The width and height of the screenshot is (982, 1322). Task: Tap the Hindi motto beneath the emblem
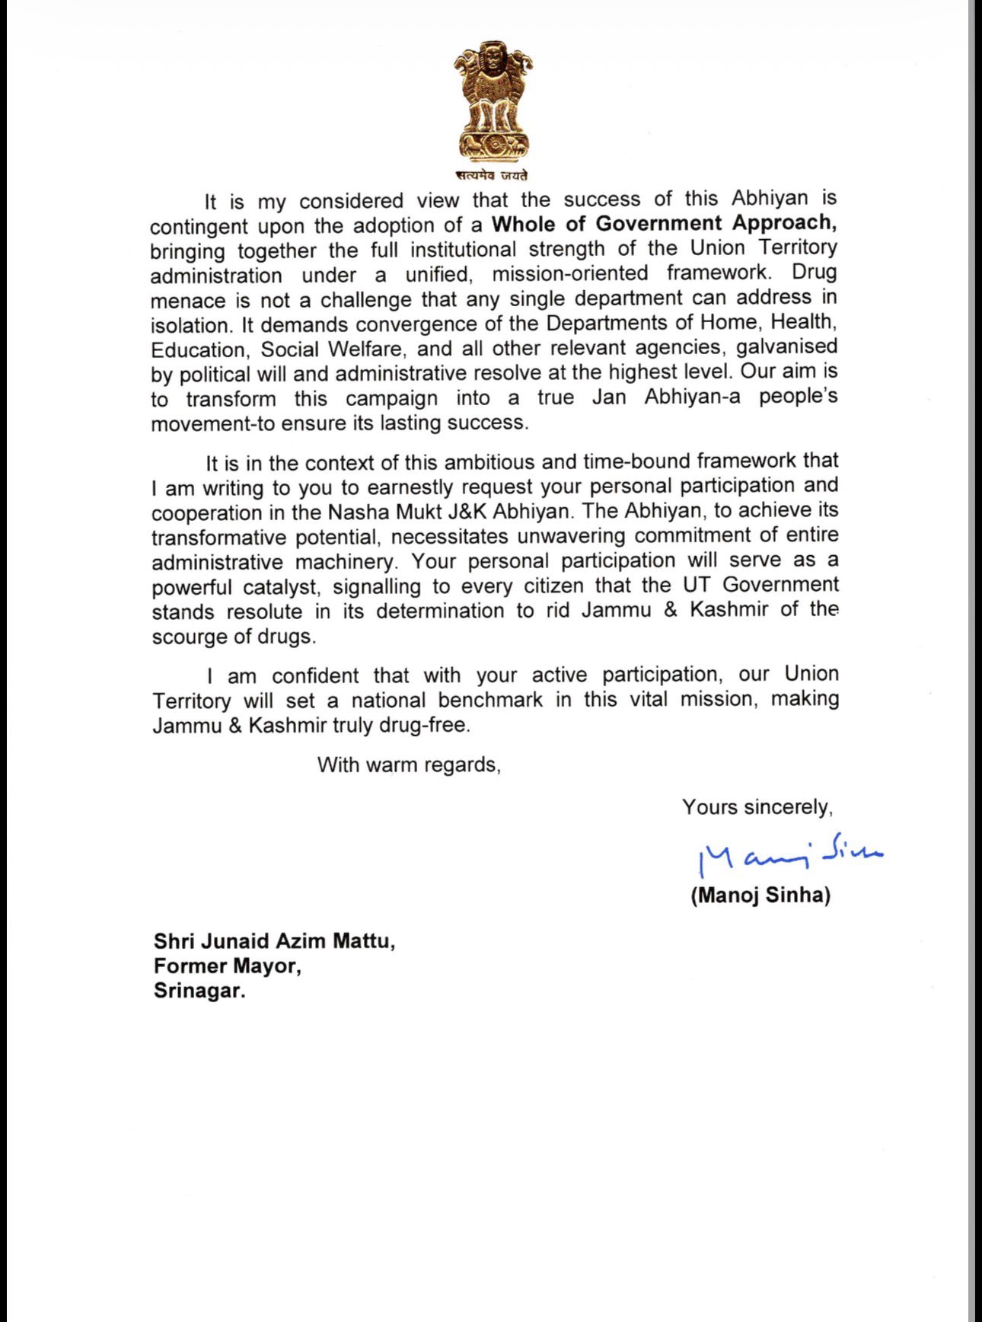click(x=493, y=175)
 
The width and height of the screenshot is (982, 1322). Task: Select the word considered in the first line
click(x=351, y=201)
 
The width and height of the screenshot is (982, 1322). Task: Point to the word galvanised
click(x=786, y=346)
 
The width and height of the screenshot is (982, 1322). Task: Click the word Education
click(x=197, y=350)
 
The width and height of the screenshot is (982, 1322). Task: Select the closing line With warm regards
click(x=409, y=765)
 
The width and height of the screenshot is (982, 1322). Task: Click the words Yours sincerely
click(x=757, y=807)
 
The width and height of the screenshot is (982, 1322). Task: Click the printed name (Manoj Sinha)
click(x=760, y=895)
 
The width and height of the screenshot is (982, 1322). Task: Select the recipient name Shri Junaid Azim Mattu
click(x=274, y=941)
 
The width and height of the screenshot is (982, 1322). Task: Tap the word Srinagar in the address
click(x=199, y=991)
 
